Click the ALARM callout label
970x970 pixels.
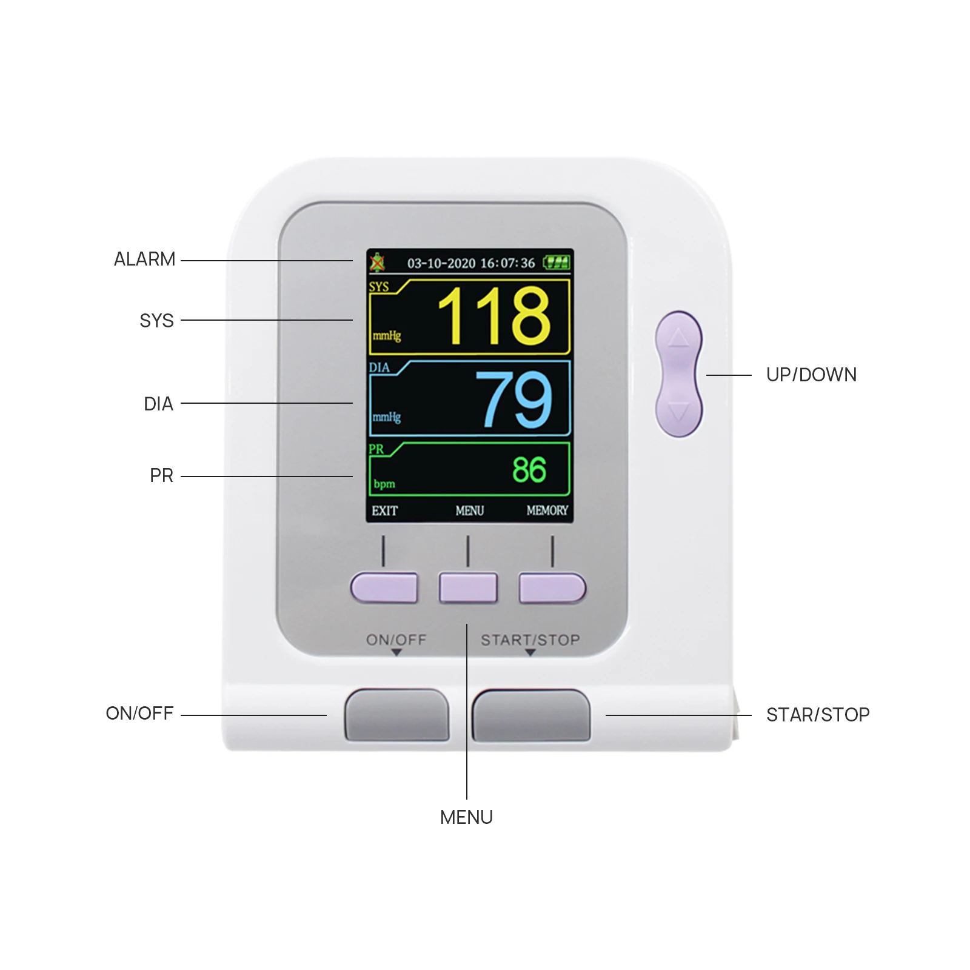coord(144,259)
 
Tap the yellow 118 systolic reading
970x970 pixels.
coord(494,316)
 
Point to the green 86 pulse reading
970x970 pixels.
coord(529,470)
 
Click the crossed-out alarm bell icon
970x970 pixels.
coord(378,263)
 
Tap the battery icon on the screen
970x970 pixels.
coord(557,263)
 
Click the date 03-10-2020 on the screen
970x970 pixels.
coord(441,263)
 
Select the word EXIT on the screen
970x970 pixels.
coord(384,511)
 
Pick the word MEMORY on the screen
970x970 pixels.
coord(547,511)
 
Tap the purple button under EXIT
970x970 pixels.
coord(384,587)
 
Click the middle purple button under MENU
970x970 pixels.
coord(468,587)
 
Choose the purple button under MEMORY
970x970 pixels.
coord(552,587)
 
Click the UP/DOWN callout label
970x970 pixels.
coord(811,375)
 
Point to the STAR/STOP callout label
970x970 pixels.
coord(818,715)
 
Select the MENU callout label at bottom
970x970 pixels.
coord(466,817)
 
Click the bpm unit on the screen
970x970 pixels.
coord(384,484)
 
